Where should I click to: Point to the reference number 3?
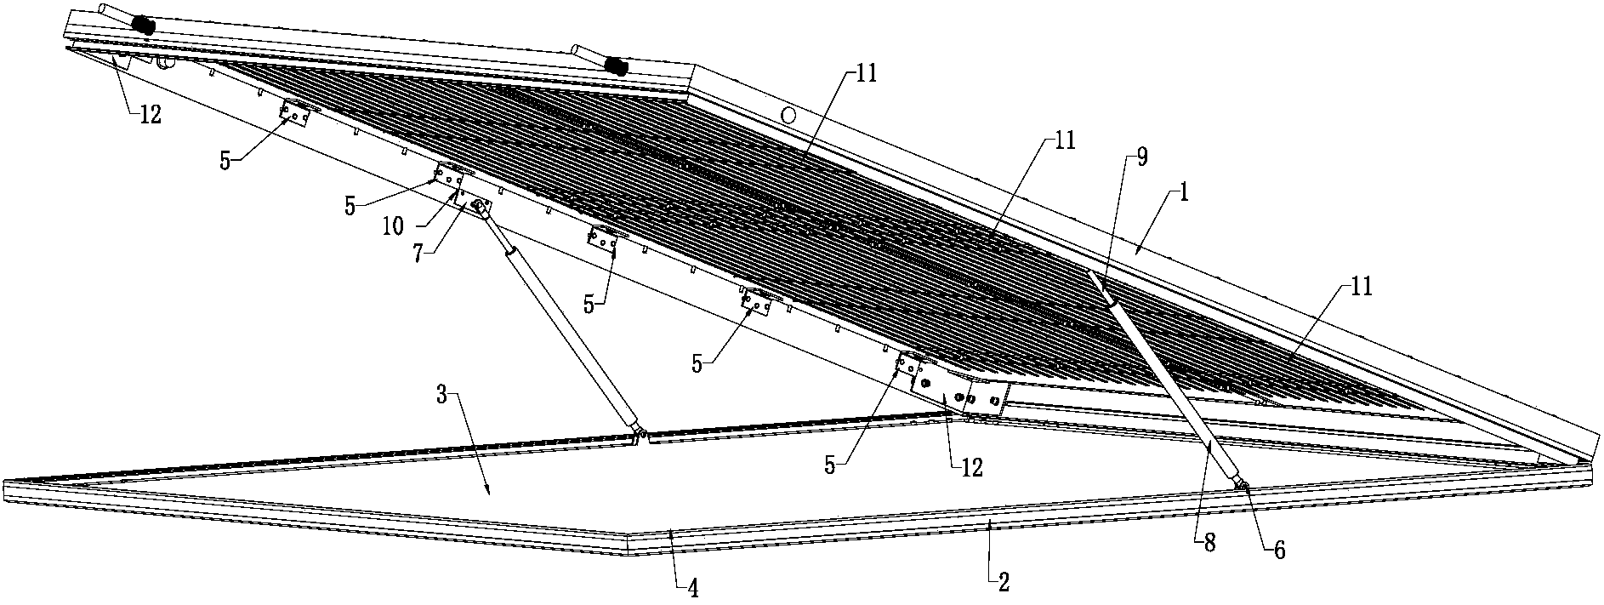pos(441,395)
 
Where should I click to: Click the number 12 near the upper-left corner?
pos(150,116)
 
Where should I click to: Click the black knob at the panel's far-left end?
pos(145,25)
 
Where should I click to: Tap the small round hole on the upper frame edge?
pos(788,114)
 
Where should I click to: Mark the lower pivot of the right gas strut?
pos(1243,486)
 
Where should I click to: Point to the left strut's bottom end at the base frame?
pos(639,435)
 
